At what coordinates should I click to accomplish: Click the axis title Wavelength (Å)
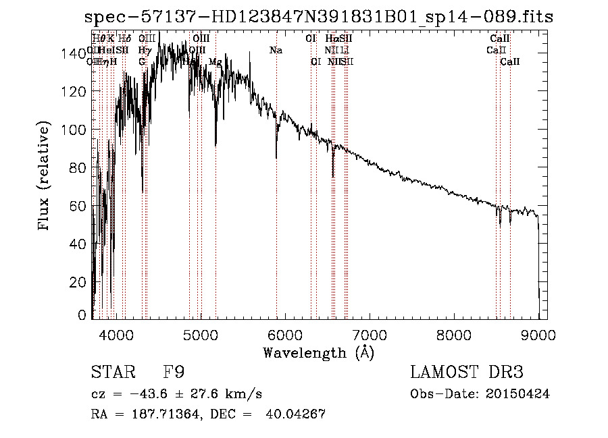tap(318, 352)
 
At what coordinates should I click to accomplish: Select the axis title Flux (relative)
tap(45, 177)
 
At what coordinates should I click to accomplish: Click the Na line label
tap(276, 51)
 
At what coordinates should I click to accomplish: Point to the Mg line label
tap(215, 62)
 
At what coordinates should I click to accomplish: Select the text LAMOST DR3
tap(467, 373)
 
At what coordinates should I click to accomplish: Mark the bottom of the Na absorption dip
tap(276, 158)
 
